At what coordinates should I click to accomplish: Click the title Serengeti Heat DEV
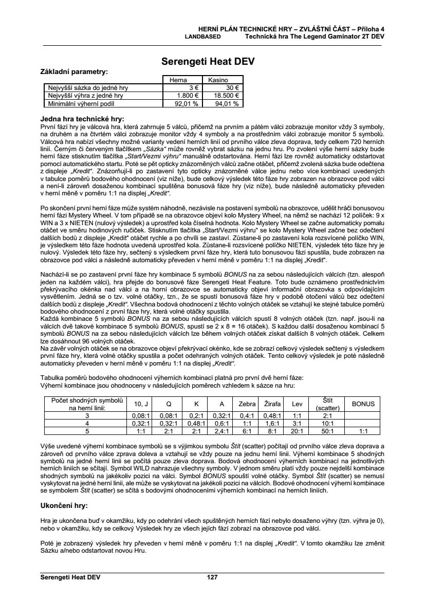[x=208, y=62]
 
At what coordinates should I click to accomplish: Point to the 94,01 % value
[x=226, y=103]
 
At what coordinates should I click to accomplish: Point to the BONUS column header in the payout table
[x=363, y=404]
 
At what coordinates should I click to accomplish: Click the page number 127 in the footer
[x=212, y=577]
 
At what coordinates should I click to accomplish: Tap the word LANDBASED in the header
[x=203, y=37]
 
